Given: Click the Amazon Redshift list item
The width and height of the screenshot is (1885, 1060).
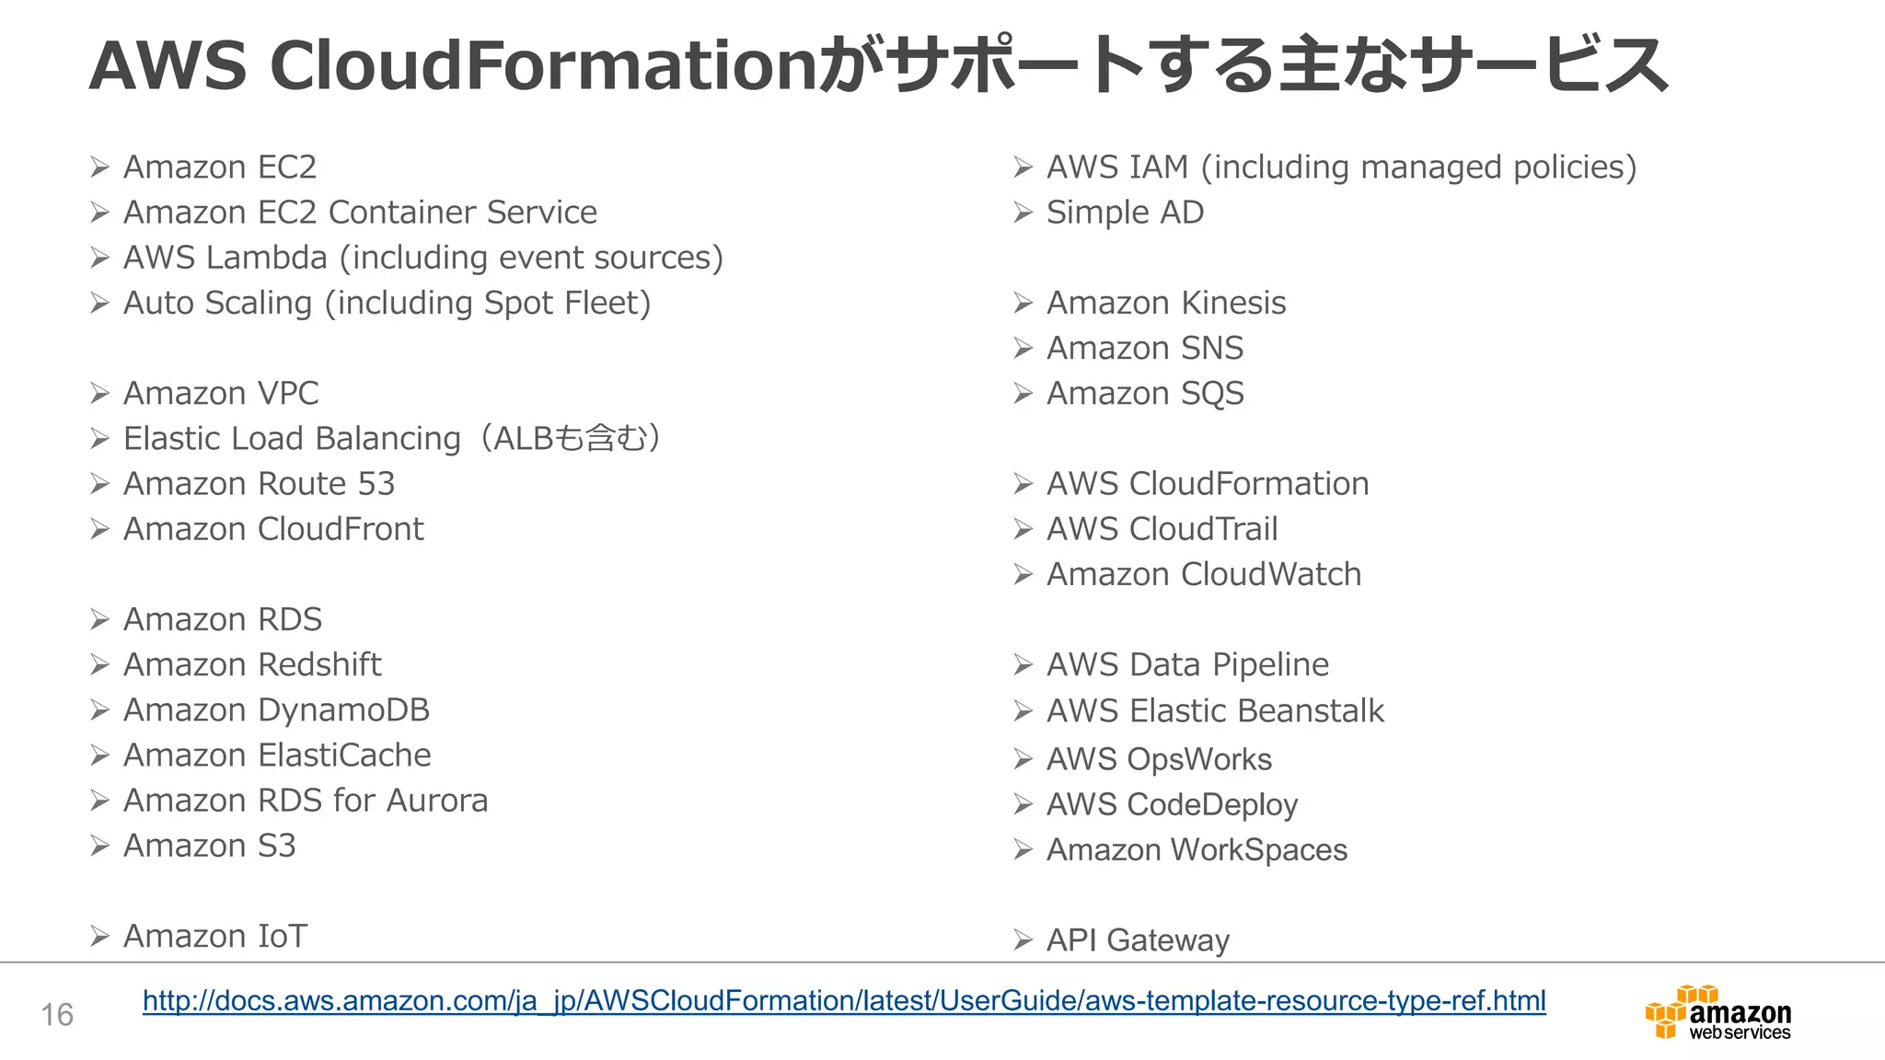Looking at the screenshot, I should (252, 664).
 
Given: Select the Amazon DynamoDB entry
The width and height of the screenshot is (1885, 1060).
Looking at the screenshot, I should (276, 709).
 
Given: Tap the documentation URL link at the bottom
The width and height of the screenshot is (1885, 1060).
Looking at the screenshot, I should (844, 1001).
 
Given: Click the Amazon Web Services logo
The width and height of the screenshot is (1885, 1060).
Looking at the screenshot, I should (1717, 1013).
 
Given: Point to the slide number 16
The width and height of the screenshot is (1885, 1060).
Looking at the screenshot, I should (57, 1015).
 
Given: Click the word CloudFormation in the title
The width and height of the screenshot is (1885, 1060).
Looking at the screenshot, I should (544, 66).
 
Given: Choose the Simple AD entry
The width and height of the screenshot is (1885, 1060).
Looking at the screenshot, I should (1125, 213).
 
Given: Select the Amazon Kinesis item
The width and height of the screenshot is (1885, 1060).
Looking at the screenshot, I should (1166, 303).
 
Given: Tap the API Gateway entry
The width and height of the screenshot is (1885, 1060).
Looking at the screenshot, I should (1138, 940).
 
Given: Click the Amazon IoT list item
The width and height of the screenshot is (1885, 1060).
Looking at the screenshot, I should (215, 936).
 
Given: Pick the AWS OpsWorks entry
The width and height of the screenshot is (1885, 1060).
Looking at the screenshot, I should (1159, 759).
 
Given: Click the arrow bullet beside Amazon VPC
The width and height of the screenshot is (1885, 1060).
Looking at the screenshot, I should (100, 394).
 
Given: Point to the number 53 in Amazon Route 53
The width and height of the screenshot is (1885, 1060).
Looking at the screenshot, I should (376, 484).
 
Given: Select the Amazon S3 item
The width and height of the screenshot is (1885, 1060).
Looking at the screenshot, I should (210, 846).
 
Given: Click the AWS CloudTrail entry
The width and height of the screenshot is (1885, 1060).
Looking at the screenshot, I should (1162, 529).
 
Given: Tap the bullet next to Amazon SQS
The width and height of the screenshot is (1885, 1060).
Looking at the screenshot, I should (1023, 394).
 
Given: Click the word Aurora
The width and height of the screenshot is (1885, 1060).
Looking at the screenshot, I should (437, 801).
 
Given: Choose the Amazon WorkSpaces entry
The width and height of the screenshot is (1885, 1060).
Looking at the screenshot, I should (1197, 849).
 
